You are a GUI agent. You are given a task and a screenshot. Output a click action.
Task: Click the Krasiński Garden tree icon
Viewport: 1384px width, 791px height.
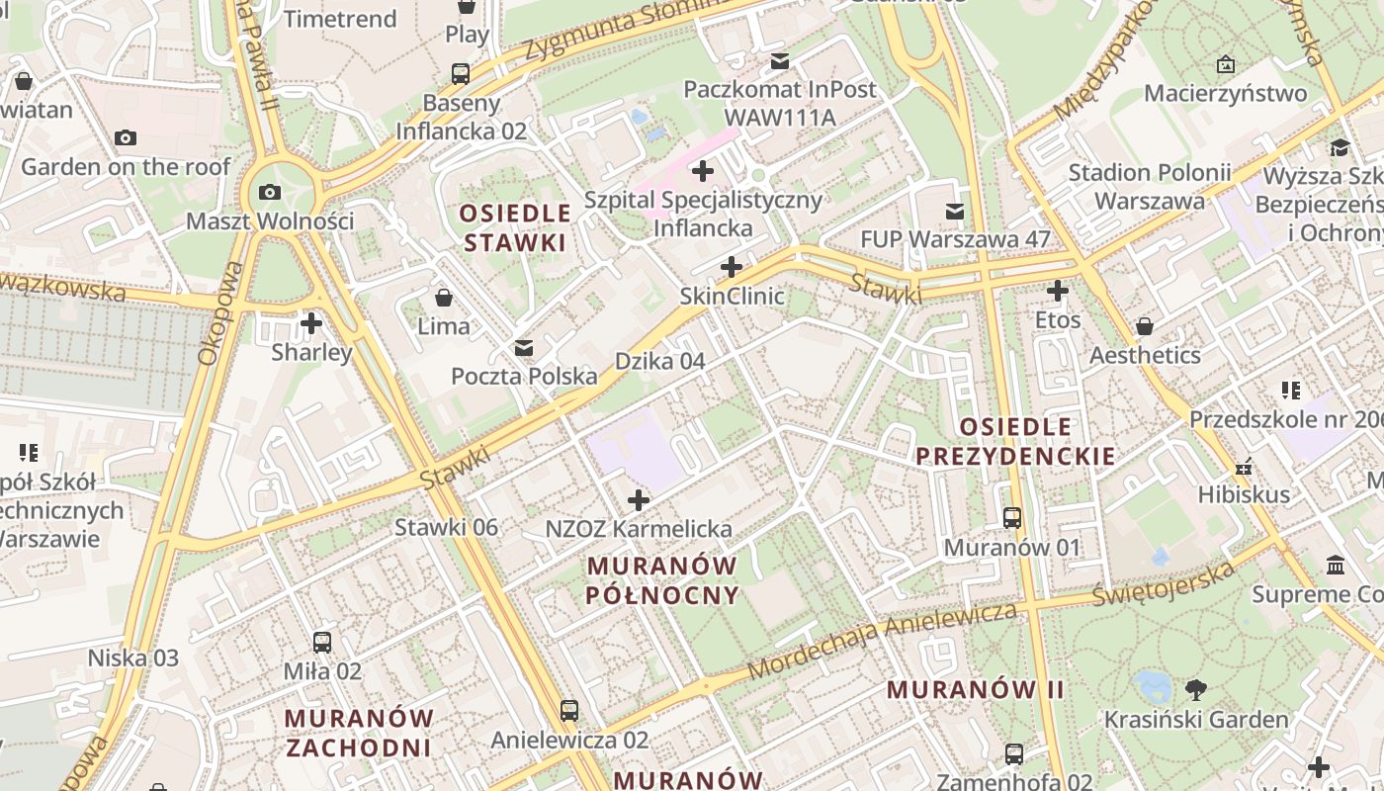[x=1195, y=689]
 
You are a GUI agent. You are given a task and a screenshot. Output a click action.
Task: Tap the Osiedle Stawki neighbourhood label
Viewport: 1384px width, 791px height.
[x=515, y=227]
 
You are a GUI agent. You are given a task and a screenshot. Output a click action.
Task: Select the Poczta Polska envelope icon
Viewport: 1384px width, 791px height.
[x=524, y=348]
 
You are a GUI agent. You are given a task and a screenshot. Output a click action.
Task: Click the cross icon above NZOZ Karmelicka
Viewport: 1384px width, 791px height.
[x=639, y=500]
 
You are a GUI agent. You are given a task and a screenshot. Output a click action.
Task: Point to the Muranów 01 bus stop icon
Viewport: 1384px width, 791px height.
[x=1012, y=518]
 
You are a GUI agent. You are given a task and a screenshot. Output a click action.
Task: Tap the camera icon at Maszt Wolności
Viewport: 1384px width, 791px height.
[x=269, y=192]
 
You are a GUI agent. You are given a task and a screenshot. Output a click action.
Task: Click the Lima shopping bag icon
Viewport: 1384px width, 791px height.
[x=444, y=297]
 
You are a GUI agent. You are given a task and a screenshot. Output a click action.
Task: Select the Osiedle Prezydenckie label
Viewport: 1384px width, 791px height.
[x=1015, y=441]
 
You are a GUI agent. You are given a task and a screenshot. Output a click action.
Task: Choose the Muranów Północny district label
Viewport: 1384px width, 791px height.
[x=662, y=580]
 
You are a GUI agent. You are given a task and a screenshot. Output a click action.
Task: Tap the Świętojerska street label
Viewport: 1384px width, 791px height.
[x=1164, y=584]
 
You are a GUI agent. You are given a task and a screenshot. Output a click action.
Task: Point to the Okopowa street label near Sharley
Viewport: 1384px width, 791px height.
[x=218, y=314]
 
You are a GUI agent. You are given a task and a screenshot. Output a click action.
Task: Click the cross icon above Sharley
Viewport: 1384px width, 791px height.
[x=311, y=323]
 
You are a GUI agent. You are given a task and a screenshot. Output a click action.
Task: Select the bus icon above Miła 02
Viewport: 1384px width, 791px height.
[x=322, y=643]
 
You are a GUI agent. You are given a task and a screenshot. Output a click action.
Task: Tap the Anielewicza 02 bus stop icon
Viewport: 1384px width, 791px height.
[x=569, y=711]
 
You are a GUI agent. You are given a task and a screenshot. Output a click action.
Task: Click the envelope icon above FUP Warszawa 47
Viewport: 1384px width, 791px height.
[x=955, y=211]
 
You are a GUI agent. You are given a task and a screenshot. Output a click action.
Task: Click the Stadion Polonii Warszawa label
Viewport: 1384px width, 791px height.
[x=1149, y=186]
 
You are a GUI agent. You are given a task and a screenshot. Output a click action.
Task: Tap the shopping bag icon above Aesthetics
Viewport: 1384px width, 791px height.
[x=1145, y=326]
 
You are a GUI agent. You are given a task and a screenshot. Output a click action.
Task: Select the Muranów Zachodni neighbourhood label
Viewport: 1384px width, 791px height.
[x=359, y=732]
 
